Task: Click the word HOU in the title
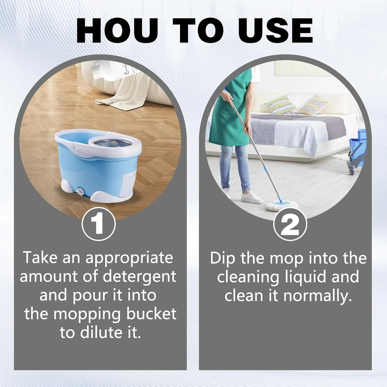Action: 117,31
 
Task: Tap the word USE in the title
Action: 275,31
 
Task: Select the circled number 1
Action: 99,224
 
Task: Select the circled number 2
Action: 290,224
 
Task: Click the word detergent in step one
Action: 139,277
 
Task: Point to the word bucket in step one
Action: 151,314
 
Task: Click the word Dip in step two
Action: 222,259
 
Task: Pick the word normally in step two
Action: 318,296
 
